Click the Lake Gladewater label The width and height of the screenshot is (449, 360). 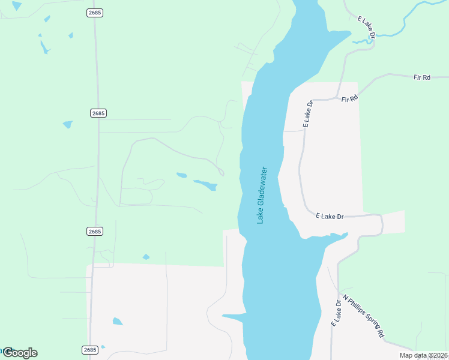pyautogui.click(x=261, y=195)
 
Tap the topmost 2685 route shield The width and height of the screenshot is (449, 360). pyautogui.click(x=94, y=13)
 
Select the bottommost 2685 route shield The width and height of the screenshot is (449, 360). pyautogui.click(x=89, y=350)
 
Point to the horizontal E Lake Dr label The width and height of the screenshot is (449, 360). pyautogui.click(x=330, y=216)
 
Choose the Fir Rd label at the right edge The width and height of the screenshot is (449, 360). pyautogui.click(x=422, y=77)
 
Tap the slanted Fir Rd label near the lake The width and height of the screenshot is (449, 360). pyautogui.click(x=349, y=98)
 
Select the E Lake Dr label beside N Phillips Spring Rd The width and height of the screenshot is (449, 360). pyautogui.click(x=336, y=314)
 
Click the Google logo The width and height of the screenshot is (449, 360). pyautogui.click(x=20, y=353)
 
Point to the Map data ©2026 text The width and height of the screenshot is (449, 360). pyautogui.click(x=423, y=355)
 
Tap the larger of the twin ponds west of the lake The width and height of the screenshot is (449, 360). pyautogui.click(x=205, y=185)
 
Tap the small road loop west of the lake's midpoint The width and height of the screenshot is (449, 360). pyautogui.click(x=220, y=173)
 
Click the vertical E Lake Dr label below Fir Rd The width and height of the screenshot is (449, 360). pyautogui.click(x=308, y=113)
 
